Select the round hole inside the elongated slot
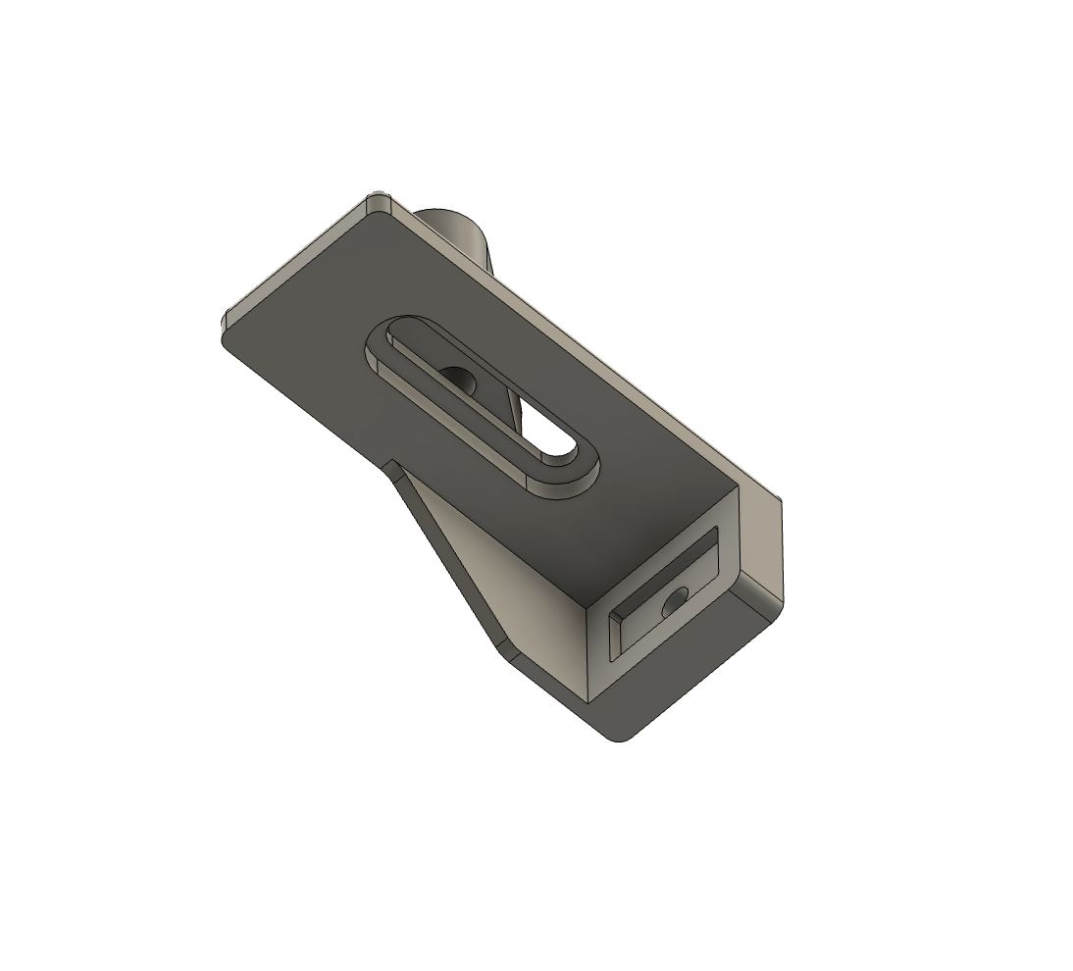pyautogui.click(x=457, y=378)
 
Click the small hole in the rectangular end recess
pyautogui.click(x=674, y=602)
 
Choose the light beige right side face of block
pyautogui.click(x=759, y=544)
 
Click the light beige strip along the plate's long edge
pyautogui.click(x=588, y=343)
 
